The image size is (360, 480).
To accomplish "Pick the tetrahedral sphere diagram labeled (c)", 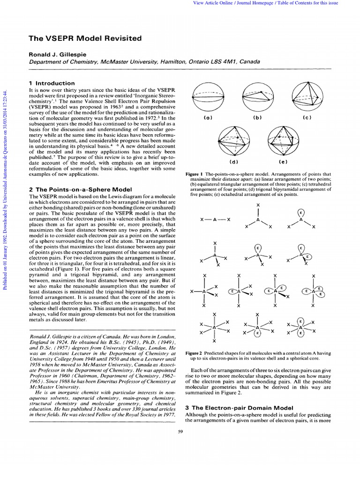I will click(307, 96).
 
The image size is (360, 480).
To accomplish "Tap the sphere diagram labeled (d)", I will click(233, 141).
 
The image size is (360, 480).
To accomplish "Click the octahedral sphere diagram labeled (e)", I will click(282, 141).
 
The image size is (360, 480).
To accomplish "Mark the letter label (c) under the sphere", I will click(307, 117).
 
